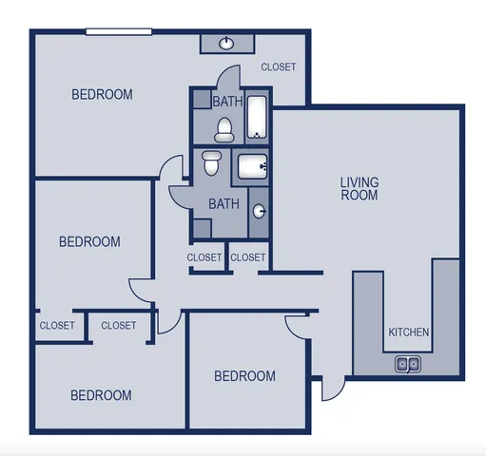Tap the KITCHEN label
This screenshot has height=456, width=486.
[409, 332]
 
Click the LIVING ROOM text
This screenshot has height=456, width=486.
[360, 188]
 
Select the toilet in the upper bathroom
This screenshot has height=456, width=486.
[224, 127]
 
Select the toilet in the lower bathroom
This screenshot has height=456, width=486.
[211, 162]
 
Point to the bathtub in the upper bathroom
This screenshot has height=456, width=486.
[257, 115]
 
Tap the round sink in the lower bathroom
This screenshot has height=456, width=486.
[259, 211]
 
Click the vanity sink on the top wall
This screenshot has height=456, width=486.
[227, 44]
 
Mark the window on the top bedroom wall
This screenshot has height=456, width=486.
[119, 31]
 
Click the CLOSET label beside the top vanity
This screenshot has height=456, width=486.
[279, 67]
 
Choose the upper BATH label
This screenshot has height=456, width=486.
[226, 102]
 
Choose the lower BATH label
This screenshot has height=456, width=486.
[224, 203]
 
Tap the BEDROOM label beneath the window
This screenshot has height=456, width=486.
[102, 94]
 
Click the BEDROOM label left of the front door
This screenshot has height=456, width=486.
[244, 376]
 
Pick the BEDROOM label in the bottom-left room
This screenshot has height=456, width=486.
[101, 395]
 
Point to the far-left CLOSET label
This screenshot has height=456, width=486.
[57, 325]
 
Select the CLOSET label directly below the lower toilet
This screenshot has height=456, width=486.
[204, 257]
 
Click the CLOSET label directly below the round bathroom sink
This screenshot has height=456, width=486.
[248, 257]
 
